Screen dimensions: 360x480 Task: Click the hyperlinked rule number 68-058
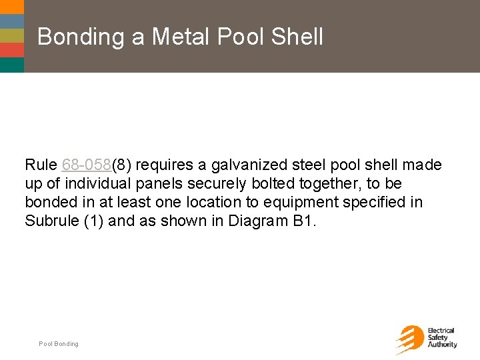pos(86,165)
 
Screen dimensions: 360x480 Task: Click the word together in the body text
pos(339,183)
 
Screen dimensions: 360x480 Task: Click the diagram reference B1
pos(304,221)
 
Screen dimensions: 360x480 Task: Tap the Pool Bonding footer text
pos(59,344)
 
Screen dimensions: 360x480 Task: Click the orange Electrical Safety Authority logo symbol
pos(409,339)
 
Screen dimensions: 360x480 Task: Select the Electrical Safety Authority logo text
pos(441,338)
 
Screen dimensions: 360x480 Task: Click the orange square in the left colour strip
pos(12,50)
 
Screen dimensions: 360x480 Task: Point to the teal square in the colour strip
pos(12,65)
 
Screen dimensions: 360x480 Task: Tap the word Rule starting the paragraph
pos(41,165)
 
